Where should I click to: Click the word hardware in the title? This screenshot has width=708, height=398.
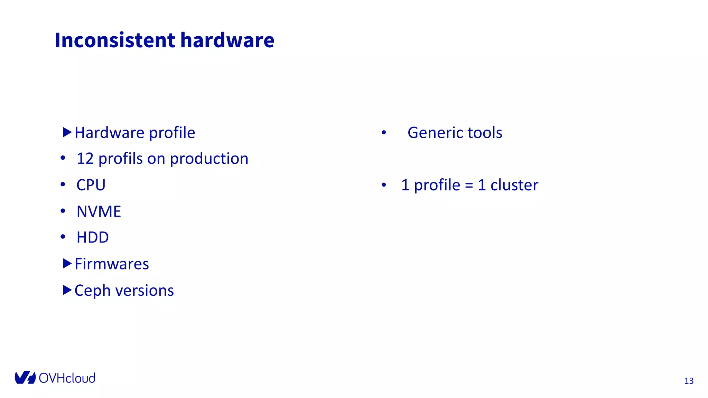[227, 40]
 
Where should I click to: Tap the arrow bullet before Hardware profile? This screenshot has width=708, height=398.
[67, 132]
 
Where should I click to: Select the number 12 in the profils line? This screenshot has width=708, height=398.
[85, 159]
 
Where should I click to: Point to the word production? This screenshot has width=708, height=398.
[209, 159]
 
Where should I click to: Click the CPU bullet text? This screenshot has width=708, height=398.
[91, 185]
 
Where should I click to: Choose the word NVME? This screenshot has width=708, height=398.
[99, 211]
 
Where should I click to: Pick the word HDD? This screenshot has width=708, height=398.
[93, 238]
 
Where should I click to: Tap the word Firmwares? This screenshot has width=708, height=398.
[112, 264]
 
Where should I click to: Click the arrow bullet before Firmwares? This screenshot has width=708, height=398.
[67, 264]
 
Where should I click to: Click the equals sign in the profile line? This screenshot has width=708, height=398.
[469, 186]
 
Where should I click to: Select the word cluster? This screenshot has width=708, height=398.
[514, 185]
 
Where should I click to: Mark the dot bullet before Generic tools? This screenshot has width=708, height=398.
[384, 133]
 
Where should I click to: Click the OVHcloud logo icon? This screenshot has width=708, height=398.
[25, 378]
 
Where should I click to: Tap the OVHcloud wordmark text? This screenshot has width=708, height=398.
[67, 378]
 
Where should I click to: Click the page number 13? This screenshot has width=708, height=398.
[689, 381]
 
